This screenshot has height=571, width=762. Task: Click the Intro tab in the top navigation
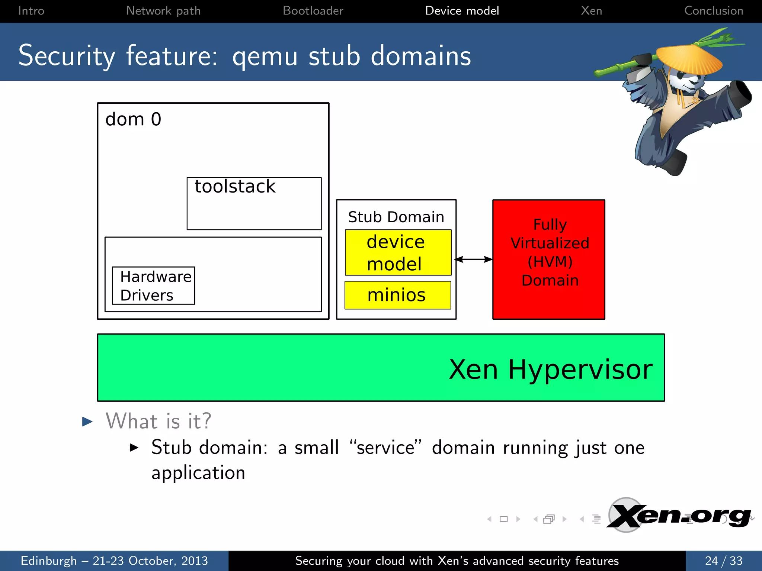(31, 11)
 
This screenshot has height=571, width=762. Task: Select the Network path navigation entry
(163, 11)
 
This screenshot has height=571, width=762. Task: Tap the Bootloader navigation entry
(313, 11)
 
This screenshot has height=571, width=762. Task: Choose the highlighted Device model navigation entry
(462, 11)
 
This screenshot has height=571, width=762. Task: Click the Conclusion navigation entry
(713, 11)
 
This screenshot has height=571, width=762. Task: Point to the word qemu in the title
(265, 57)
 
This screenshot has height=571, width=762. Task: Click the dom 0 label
(133, 120)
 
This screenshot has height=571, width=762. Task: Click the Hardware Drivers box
(153, 285)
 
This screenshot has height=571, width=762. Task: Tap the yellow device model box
(398, 253)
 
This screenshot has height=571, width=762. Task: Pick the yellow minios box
(397, 295)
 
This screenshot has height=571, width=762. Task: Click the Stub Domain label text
(396, 217)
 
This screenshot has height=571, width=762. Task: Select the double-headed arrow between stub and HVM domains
(474, 259)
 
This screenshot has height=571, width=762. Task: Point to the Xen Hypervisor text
(550, 370)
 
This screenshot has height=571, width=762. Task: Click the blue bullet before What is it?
(87, 422)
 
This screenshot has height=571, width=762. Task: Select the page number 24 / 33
(723, 561)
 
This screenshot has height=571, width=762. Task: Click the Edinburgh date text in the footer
(114, 561)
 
